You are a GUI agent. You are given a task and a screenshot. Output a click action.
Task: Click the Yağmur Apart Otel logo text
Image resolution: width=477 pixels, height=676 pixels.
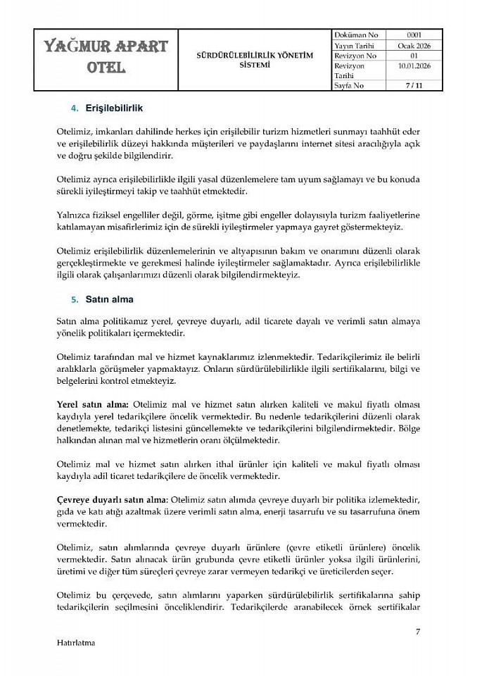pos(106,57)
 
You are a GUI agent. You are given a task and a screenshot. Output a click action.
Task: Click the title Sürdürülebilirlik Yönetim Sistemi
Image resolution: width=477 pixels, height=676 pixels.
pos(255,59)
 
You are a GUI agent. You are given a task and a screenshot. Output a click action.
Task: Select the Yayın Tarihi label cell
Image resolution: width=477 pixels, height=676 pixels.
pos(357,45)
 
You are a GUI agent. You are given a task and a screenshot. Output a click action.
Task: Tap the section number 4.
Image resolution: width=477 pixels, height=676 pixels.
pos(74,108)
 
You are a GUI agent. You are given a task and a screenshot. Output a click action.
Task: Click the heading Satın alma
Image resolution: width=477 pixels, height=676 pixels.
pos(109,299)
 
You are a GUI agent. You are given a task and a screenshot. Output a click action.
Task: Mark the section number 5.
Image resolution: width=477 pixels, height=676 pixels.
pos(74,300)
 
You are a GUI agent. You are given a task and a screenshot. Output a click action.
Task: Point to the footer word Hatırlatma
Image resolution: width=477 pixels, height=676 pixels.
pos(75,642)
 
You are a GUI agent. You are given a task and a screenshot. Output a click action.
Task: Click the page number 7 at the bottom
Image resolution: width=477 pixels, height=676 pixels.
pos(417,631)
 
